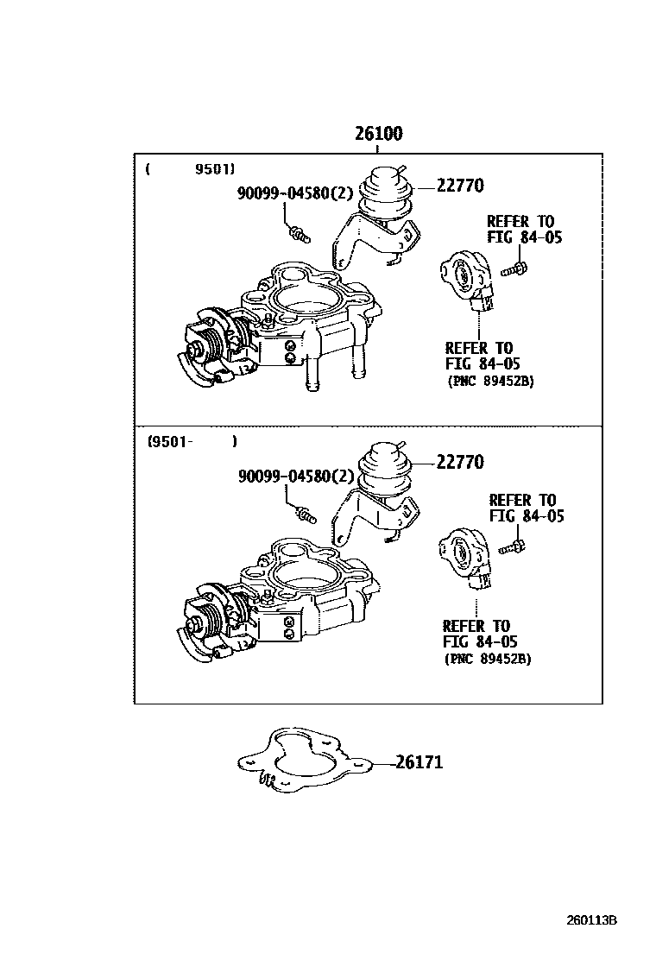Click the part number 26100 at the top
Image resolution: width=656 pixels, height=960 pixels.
[378, 135]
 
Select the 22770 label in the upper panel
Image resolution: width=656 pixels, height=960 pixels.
[459, 185]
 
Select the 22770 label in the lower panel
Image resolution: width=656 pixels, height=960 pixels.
[459, 462]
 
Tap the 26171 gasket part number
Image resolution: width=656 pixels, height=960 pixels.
[419, 762]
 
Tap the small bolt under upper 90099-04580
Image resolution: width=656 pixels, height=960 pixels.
[300, 232]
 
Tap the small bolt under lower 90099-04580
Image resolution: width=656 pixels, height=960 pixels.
[306, 515]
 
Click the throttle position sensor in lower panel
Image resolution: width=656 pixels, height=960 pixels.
[466, 558]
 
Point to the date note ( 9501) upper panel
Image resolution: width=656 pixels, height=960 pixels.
[191, 169]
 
